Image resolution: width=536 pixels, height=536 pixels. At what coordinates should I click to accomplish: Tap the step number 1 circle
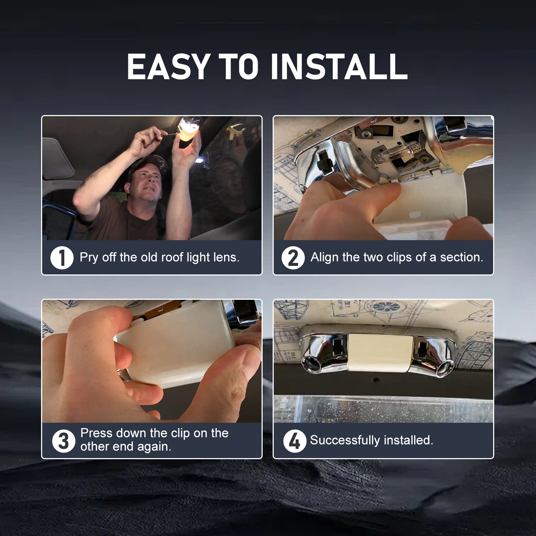[62, 258]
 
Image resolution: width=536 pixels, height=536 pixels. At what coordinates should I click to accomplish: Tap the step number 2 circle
[293, 258]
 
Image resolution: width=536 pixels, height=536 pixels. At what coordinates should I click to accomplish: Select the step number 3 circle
[64, 441]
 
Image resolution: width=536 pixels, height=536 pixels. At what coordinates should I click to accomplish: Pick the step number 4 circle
[295, 441]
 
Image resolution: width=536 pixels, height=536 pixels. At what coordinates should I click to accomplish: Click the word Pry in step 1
[89, 258]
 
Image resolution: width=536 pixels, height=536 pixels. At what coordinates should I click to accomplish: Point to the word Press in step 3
[96, 433]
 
